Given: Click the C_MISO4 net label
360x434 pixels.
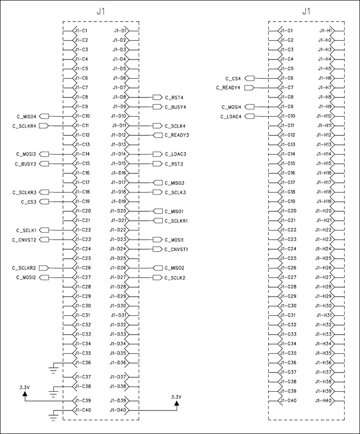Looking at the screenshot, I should [x=26, y=116].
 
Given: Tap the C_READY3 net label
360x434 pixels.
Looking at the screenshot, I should [x=177, y=135].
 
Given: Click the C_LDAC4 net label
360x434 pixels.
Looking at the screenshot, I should [x=231, y=117].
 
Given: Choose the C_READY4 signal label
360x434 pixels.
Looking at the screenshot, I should [x=228, y=88].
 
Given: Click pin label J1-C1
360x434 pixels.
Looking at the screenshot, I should [x=81, y=31].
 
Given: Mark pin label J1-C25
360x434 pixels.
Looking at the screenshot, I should [x=83, y=258].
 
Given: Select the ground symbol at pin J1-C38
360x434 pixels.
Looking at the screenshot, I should [x=54, y=392].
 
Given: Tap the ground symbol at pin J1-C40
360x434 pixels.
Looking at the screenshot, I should [x=54, y=416].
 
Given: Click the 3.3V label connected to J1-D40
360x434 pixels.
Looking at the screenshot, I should [x=177, y=397].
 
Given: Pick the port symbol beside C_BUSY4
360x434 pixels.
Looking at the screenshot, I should [x=157, y=107].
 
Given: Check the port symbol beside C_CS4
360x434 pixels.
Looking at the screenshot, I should [x=250, y=78].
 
